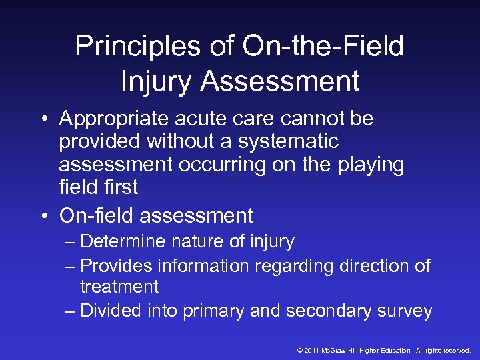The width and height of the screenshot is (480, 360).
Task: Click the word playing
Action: pos(371,165)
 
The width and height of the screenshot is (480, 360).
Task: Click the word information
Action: pos(200,265)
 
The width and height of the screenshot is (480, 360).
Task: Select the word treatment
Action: pos(119,287)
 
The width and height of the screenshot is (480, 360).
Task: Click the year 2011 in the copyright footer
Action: pos(312,350)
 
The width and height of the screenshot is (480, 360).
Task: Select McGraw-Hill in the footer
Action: pos(343,350)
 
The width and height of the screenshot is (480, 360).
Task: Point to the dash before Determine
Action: pos(71,241)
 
